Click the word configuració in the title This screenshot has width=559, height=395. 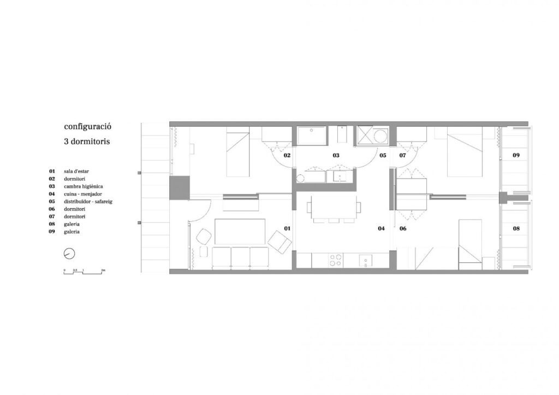(x=88, y=127)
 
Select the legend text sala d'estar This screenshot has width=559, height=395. (x=76, y=171)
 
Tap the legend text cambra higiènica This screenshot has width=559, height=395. (x=84, y=186)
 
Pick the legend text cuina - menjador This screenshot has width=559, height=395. (x=83, y=194)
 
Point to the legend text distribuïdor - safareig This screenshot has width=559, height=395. (x=88, y=202)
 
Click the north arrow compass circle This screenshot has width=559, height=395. (x=69, y=253)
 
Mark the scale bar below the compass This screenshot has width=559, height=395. (x=85, y=272)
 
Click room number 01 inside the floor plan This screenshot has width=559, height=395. (x=287, y=228)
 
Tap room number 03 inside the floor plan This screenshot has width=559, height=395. (x=336, y=155)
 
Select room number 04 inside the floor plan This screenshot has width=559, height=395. (x=381, y=228)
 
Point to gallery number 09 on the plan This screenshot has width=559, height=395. (x=516, y=155)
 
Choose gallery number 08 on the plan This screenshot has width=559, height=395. (x=516, y=228)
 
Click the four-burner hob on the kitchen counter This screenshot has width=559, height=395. (x=335, y=260)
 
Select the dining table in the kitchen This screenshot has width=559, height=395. (x=334, y=207)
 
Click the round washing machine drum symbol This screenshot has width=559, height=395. (x=380, y=136)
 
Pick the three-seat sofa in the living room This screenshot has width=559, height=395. (x=240, y=257)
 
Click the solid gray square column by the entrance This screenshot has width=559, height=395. (x=179, y=188)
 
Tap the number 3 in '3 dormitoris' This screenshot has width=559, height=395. (x=66, y=142)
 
